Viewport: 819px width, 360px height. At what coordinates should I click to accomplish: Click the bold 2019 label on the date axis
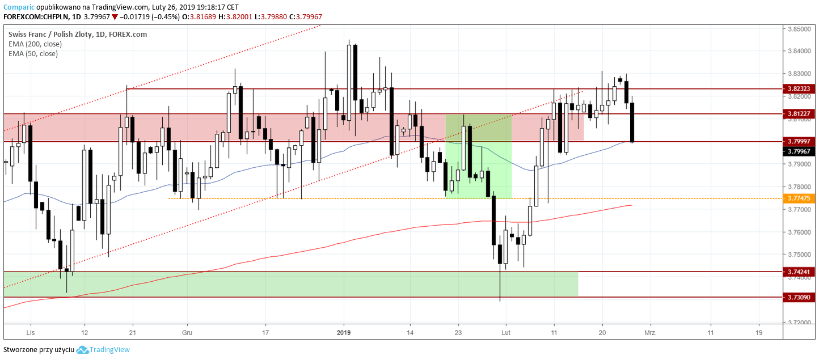[x=345, y=333]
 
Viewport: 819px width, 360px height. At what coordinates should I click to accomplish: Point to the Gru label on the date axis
[x=187, y=333]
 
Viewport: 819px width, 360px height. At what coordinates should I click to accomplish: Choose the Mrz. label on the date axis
[x=650, y=333]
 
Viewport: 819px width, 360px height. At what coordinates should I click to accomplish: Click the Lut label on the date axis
[x=506, y=333]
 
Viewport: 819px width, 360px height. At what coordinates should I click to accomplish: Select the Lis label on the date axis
[x=31, y=333]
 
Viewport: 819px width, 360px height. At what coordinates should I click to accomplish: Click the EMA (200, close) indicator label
[x=35, y=44]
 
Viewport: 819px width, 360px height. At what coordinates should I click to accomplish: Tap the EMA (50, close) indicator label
[x=33, y=54]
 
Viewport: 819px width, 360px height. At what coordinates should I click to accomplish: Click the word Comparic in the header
[x=18, y=7]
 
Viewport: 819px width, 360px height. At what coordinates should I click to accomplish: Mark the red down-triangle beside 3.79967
[x=115, y=17]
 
